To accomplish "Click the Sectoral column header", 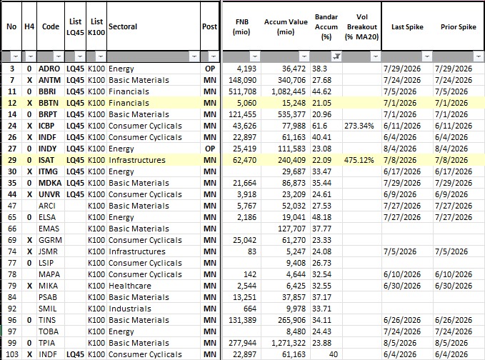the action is coord(122,26).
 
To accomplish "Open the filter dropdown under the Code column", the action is coord(58,56).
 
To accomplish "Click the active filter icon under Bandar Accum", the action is coord(337,56).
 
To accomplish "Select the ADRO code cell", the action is coord(49,69).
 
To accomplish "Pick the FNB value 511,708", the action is coord(243,91).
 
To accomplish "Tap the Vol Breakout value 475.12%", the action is coord(359,160).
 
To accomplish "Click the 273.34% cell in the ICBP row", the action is coord(359,126).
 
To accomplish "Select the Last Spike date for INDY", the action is coord(399,149).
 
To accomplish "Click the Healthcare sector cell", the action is coord(130,286).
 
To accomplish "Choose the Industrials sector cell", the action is coord(130,309).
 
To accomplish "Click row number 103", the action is coord(12,354).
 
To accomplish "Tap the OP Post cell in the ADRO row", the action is coord(210,69).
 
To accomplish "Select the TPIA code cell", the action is coord(46,343).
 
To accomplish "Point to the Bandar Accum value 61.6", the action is coord(319,126).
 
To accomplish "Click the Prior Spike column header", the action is coord(458,27).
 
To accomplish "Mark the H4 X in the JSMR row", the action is coord(29,251).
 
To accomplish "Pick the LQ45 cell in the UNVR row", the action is coord(75,194).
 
